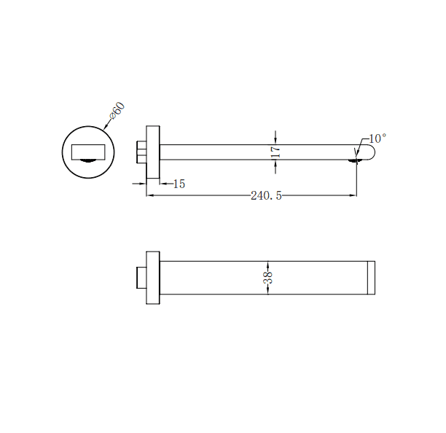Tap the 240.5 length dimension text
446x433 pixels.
266,195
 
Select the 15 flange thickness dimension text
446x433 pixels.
179,184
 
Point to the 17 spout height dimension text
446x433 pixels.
275,152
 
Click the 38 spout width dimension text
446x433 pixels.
268,277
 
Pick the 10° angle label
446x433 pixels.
377,138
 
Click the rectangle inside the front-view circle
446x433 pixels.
89,151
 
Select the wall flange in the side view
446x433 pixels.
153,152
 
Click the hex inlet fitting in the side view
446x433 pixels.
142,152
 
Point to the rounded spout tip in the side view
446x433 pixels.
369,152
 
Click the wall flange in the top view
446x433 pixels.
153,278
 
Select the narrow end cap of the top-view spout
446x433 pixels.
371,278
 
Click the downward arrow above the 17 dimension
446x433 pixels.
275,141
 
